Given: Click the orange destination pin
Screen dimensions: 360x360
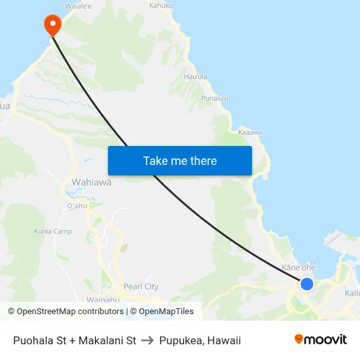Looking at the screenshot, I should coord(52,25).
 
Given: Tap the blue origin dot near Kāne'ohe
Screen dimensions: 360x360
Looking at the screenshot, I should coord(306,283).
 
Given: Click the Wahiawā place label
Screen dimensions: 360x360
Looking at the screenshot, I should coord(90,183).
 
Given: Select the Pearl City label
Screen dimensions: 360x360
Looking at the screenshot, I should coord(141,287).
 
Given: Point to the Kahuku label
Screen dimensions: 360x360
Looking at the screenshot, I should coord(161,5).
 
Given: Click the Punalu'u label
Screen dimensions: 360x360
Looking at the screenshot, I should coord(215,98).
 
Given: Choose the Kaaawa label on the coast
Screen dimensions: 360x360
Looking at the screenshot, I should coord(250,132).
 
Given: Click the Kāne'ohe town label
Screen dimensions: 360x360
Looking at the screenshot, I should coord(298,268).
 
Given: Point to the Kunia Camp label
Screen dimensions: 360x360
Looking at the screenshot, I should coord(53,232).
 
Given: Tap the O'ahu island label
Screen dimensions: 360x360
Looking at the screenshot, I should coord(77,206).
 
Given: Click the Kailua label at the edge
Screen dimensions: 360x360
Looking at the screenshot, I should coord(352,293).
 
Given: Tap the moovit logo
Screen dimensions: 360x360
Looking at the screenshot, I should coord(321,340).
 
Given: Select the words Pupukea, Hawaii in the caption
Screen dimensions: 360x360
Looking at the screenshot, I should coord(200,340).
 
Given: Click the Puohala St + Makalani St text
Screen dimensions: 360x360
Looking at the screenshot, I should coord(75,340).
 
